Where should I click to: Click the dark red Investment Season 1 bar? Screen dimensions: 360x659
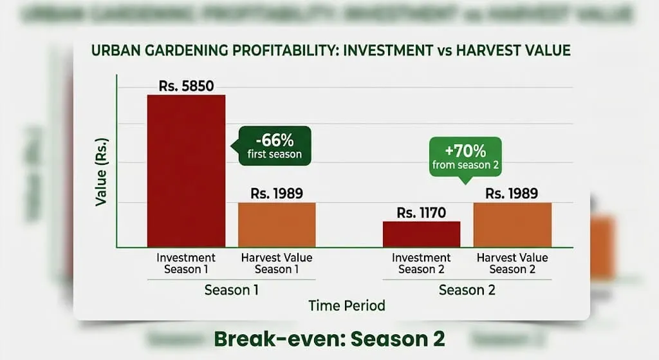(186, 171)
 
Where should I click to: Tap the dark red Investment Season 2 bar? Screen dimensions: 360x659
(422, 234)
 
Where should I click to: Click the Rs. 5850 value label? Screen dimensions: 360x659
(186, 85)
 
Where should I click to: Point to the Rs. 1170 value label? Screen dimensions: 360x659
(422, 213)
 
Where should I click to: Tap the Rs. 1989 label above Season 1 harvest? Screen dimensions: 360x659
(277, 193)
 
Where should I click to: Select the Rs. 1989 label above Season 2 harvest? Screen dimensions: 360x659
(512, 193)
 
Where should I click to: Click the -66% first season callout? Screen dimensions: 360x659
(274, 146)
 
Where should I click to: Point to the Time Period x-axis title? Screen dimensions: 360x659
(347, 305)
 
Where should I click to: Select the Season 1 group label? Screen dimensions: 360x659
(232, 290)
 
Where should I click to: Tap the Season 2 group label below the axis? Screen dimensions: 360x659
(467, 290)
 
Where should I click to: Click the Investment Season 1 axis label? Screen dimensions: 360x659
(186, 263)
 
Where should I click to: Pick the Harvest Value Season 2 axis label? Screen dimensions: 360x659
(512, 263)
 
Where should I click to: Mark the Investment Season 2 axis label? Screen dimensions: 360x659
(422, 263)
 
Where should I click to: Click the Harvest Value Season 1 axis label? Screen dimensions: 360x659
(277, 263)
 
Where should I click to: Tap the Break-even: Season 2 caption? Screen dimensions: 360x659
(329, 338)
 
